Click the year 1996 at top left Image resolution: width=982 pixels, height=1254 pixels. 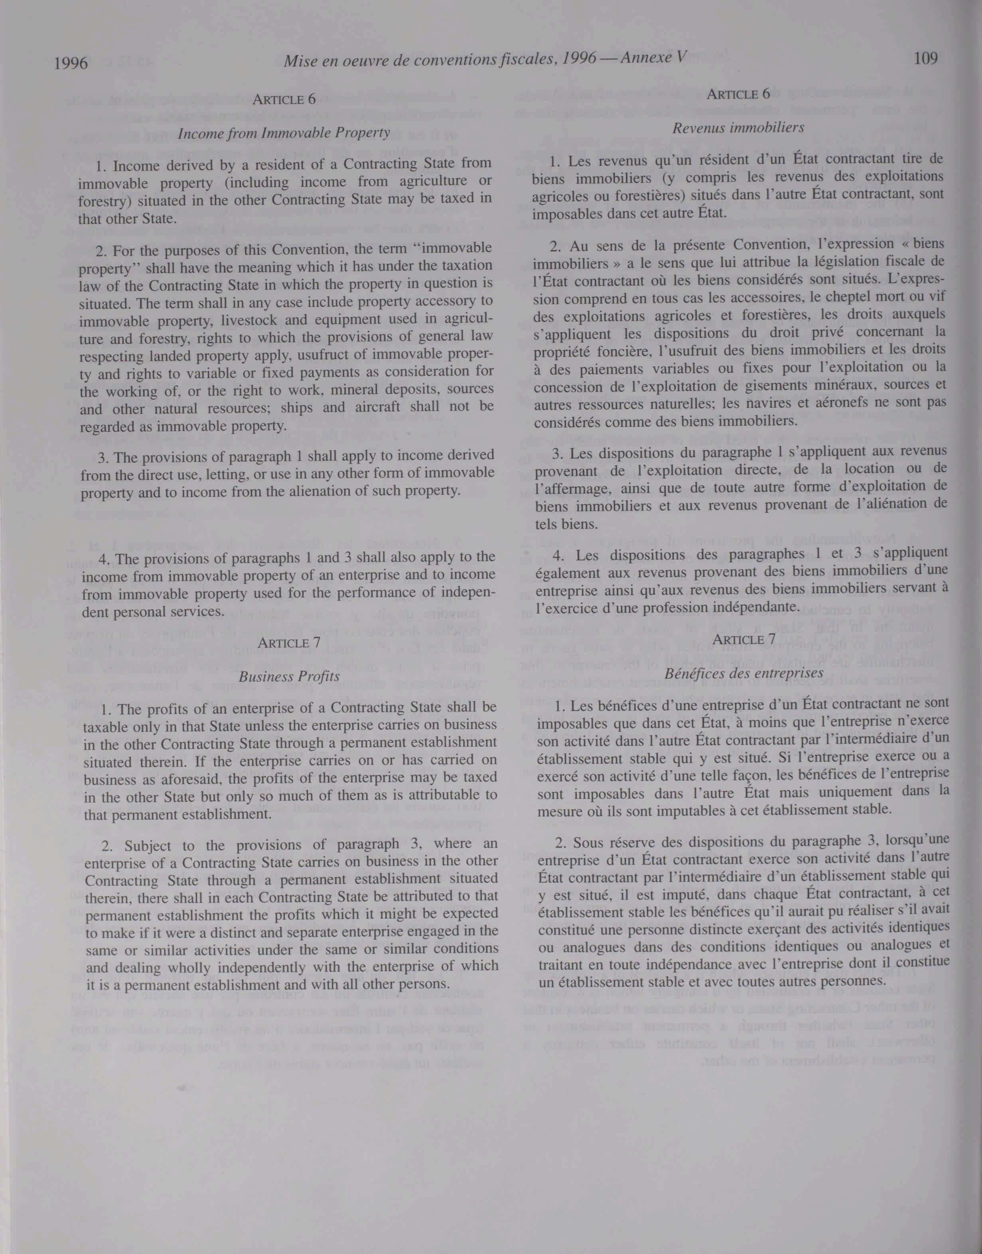coord(71,63)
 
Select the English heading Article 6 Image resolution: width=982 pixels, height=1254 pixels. coord(284,99)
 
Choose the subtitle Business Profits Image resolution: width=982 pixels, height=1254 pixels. coord(289,676)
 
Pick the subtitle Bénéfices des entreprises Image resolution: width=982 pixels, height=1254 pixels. coord(744,672)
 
